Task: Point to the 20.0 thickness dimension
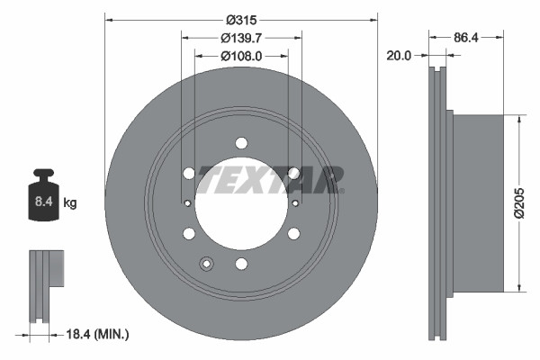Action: (398, 55)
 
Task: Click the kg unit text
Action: (70, 203)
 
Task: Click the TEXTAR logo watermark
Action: (270, 179)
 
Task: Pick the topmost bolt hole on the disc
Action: (241, 142)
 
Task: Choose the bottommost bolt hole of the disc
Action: (241, 264)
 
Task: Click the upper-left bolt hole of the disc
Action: (188, 174)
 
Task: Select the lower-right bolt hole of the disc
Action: (293, 234)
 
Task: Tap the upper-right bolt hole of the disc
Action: (293, 174)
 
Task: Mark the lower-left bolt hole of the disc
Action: (189, 234)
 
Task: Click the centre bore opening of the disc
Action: (241, 207)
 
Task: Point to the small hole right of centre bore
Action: (295, 204)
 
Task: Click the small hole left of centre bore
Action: (187, 204)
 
